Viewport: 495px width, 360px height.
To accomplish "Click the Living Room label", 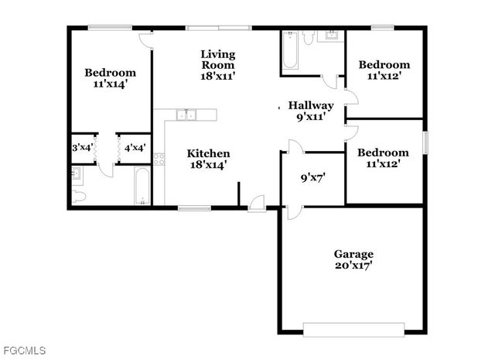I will pos(218,65).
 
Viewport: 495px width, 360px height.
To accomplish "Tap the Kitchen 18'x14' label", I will pos(210,159).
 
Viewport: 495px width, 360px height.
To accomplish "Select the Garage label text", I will pos(353,259).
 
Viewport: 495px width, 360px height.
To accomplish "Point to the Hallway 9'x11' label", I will pos(310,111).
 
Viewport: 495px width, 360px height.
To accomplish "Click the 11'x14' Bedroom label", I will pos(110,78).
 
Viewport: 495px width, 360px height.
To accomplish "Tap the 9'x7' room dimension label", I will pos(312,176).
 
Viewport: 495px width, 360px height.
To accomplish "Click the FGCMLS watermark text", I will pos(23,351).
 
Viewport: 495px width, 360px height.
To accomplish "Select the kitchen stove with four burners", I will pos(159,159).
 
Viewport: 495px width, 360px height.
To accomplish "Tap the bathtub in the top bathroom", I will pos(292,51).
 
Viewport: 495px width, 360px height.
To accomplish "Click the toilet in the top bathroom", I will pos(308,38).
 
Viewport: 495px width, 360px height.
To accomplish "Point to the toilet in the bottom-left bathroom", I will pos(80,197).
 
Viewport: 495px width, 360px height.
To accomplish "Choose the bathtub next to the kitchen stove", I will pos(142,187).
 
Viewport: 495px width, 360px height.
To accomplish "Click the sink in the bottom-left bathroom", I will pos(75,174).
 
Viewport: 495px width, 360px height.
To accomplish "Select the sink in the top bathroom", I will pos(332,36).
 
